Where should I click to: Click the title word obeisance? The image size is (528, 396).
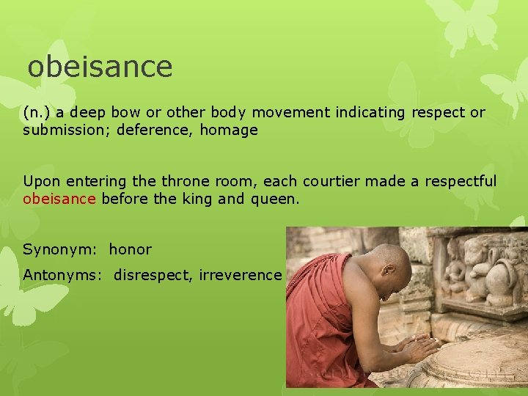tap(100, 67)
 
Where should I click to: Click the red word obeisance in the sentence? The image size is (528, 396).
tap(59, 199)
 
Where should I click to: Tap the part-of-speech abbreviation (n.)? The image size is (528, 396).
tap(37, 113)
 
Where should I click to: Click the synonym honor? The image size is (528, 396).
tap(131, 250)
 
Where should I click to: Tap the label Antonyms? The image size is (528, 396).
tap(64, 276)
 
